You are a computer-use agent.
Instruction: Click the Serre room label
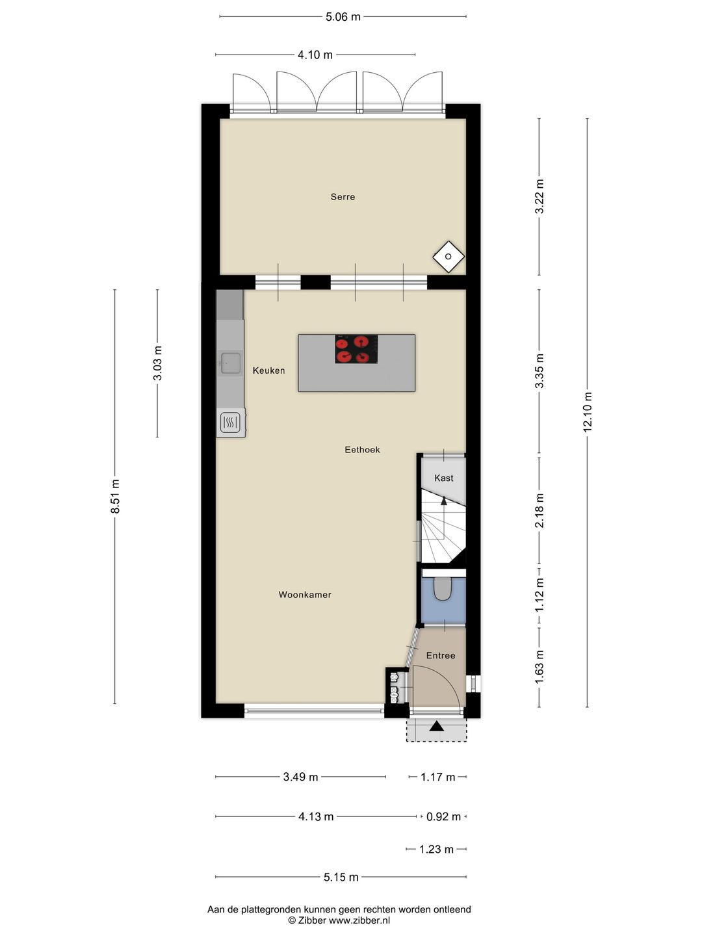pos(343,196)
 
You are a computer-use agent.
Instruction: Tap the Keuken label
pos(268,370)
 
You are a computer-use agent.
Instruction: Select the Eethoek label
pos(362,449)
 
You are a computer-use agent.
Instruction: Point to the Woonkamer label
pos(305,595)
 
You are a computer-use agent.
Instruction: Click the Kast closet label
pos(444,478)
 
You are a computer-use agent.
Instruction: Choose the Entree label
pos(441,655)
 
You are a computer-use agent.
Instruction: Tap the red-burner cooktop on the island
pos(356,349)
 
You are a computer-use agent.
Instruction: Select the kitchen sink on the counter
pos(230,363)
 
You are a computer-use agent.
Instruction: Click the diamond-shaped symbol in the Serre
pos(448,256)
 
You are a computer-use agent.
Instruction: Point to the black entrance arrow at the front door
pos(436,725)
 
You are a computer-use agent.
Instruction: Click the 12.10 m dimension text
pos(588,412)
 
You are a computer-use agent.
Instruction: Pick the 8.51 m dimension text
pos(114,496)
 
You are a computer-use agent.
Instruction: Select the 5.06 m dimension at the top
pos(343,17)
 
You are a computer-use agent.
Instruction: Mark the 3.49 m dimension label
pos(300,777)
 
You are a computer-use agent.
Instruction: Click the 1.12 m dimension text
pos(539,595)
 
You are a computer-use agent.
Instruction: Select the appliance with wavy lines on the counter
pos(230,423)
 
